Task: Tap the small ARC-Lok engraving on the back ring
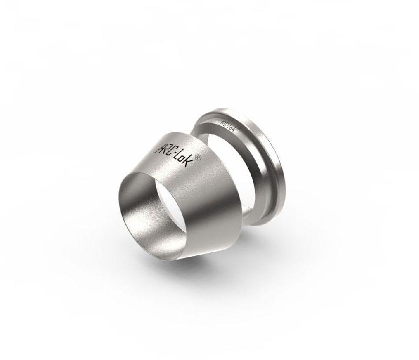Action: [x=225, y=127]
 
